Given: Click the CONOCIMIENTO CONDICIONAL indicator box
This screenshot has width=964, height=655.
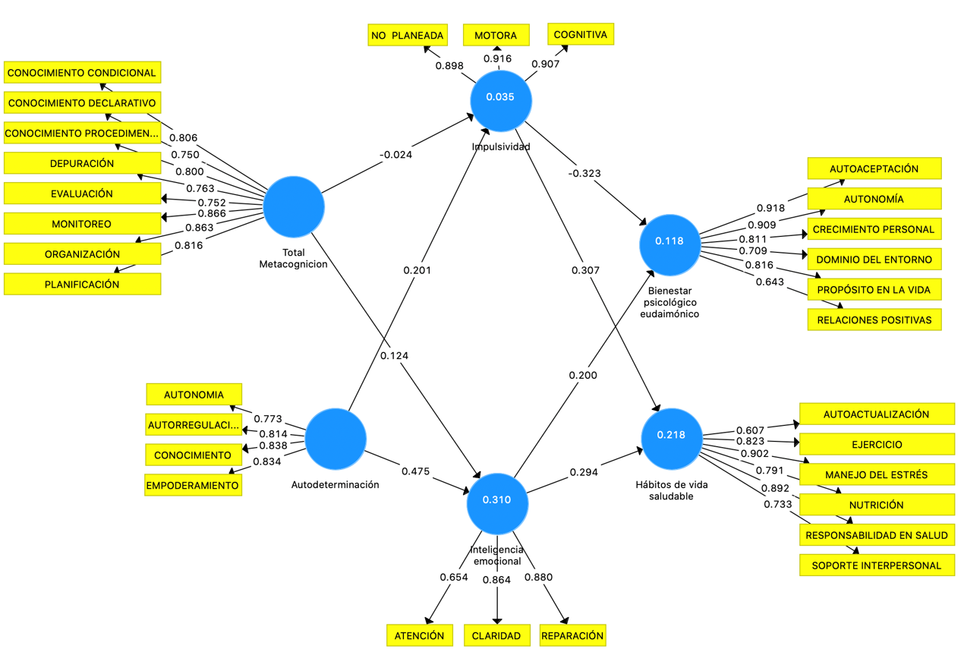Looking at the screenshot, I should (x=82, y=73).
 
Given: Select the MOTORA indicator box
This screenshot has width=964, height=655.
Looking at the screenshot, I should (x=496, y=35).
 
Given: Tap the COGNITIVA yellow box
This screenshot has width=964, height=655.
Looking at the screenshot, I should (x=581, y=34).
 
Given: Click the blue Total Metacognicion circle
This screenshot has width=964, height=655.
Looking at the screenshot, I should (x=294, y=206).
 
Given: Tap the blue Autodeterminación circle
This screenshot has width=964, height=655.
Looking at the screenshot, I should (x=336, y=439).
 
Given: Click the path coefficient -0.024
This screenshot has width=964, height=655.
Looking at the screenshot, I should (x=395, y=155).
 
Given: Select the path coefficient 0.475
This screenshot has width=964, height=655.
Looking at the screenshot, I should (x=415, y=471).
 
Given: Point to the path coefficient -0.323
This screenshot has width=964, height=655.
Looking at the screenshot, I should (x=584, y=173).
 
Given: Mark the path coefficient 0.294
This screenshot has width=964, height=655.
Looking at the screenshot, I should (x=584, y=472).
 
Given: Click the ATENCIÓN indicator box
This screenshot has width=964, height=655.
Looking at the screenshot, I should (x=419, y=635).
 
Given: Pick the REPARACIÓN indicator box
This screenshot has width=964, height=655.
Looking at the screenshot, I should (x=573, y=635).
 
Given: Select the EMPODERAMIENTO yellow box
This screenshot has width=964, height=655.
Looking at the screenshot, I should (x=193, y=485).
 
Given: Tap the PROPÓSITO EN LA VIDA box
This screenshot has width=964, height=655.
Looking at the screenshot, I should (x=874, y=289).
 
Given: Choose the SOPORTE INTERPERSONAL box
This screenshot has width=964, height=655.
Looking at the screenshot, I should (x=876, y=565).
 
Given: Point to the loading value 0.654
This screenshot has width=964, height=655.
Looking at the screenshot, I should (x=454, y=577).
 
